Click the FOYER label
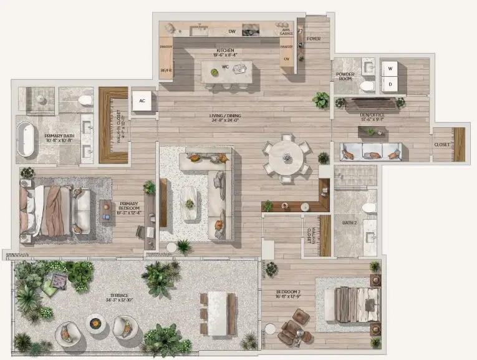point(314,39)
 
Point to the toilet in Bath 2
point(369,207)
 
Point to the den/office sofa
point(370,151)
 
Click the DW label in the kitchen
point(231,31)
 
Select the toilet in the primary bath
point(84,99)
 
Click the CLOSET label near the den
point(441,145)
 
